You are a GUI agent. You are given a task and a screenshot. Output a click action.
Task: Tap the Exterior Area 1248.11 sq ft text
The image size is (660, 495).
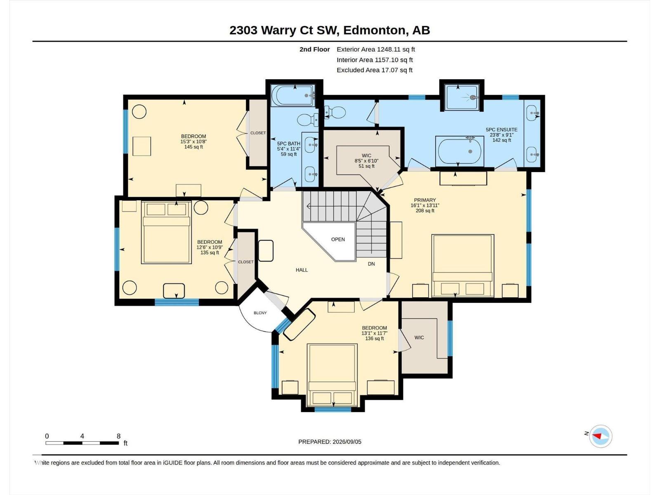(x=375, y=49)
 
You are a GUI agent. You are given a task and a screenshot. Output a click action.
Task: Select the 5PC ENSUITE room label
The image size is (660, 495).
(x=502, y=130)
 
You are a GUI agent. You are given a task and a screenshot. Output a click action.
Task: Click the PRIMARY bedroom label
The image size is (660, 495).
(x=425, y=200)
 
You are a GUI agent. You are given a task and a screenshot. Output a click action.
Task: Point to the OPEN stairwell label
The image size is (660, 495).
(x=338, y=239)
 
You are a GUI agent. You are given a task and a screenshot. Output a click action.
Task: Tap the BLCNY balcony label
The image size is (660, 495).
(x=260, y=313)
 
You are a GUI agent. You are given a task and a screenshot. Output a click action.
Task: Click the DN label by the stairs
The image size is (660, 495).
(x=371, y=264)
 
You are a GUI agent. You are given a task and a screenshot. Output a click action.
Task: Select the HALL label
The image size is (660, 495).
(x=302, y=270)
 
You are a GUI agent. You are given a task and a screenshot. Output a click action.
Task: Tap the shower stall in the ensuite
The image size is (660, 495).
(x=462, y=97)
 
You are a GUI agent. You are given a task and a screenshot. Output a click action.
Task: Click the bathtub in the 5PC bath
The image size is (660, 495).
(x=293, y=95)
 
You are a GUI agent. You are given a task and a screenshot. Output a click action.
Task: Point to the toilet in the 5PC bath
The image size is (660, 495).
(x=308, y=120)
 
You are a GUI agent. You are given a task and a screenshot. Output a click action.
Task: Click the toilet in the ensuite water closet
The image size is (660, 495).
(x=335, y=113)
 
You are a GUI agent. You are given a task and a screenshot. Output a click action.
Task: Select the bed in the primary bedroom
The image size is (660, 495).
(x=463, y=266)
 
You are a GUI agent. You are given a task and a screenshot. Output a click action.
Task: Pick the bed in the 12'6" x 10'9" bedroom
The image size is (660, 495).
(x=166, y=232)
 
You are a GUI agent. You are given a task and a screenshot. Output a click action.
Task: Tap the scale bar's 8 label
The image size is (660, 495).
(x=118, y=436)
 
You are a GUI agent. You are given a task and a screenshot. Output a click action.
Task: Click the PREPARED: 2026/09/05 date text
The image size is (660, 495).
(x=330, y=441)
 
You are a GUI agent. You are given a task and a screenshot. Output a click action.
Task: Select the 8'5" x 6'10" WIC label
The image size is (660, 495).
(x=366, y=161)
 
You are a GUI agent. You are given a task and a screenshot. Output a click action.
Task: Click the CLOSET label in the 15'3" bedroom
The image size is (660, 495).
(x=258, y=133)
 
